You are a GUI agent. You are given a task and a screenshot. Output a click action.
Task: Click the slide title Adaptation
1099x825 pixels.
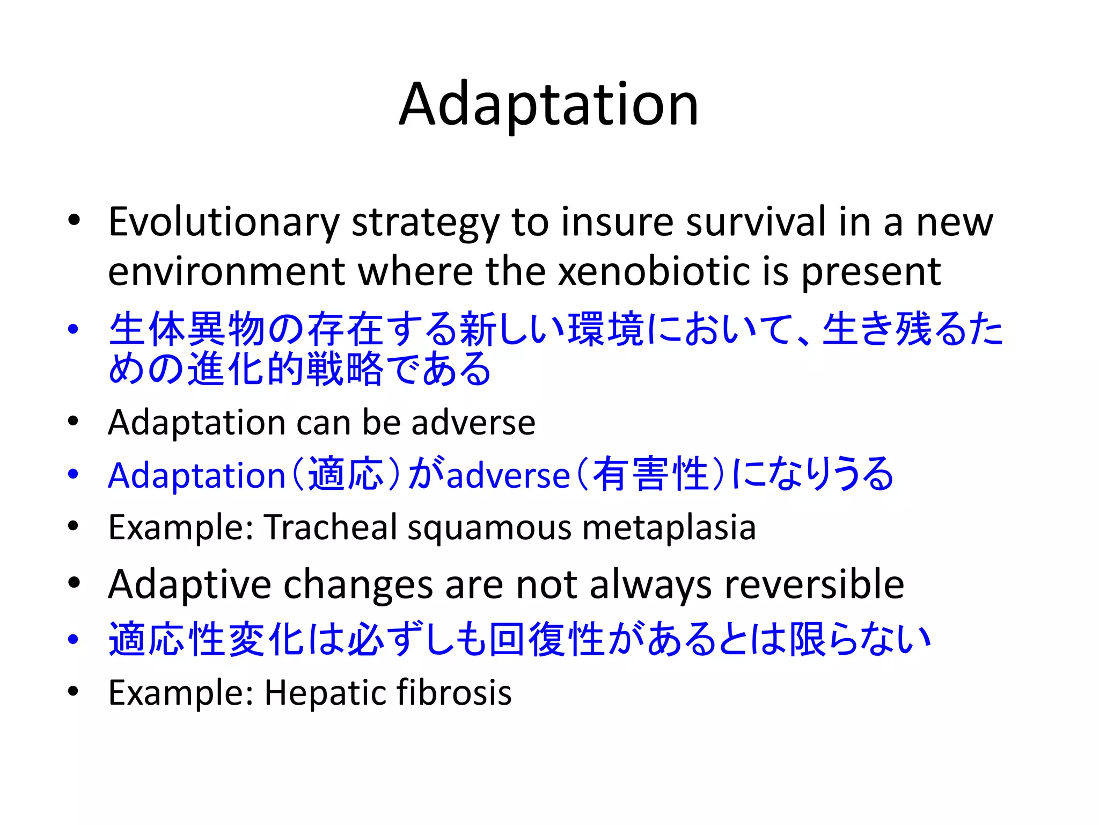pos(548,104)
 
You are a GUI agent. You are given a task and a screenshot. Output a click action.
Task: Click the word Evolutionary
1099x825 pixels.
pos(224,222)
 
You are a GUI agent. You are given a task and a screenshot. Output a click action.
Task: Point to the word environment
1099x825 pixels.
pos(226,272)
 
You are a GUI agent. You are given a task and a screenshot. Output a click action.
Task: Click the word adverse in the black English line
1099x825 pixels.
pos(473,422)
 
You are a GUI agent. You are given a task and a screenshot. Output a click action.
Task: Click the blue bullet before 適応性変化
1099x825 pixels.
pos(74,639)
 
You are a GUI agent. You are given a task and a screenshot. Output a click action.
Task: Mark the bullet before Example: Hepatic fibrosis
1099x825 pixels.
pos(74,691)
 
